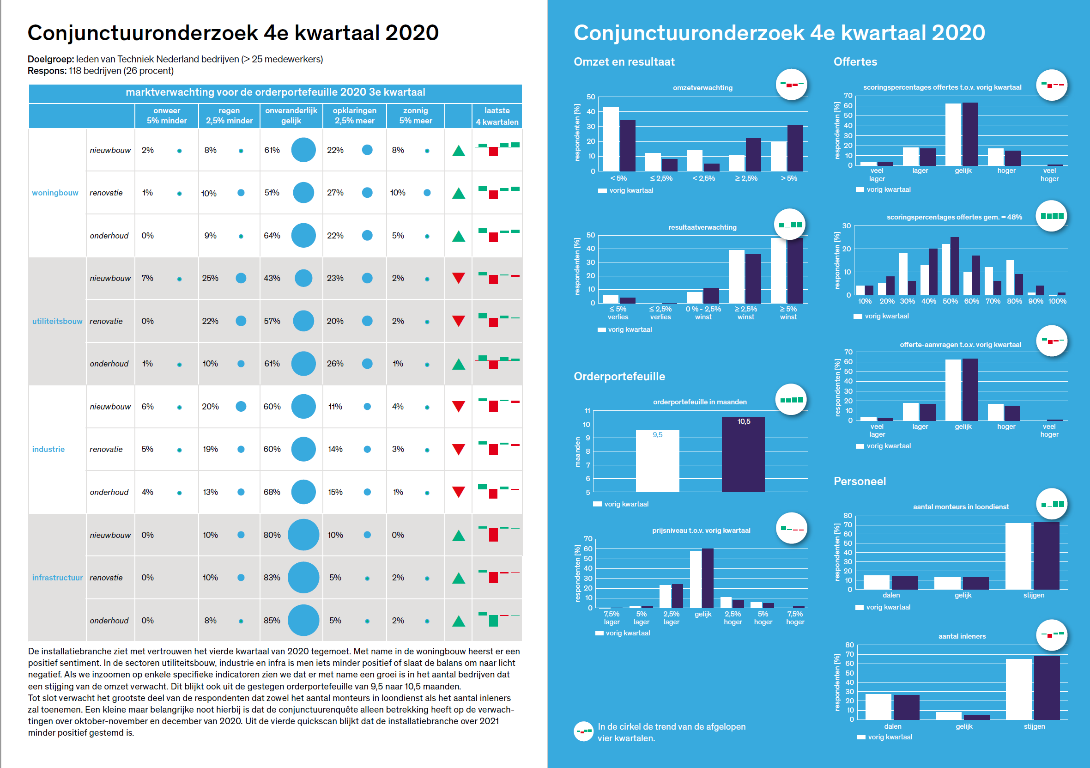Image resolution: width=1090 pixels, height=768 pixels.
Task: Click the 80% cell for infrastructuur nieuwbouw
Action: tap(272, 535)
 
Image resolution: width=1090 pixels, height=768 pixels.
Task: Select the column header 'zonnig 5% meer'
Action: tap(415, 116)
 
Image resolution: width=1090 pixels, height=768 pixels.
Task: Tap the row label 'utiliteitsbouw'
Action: tap(57, 321)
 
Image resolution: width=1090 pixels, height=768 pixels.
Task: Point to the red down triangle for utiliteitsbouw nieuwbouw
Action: tap(459, 278)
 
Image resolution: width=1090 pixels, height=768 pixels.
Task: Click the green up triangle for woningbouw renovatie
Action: tap(459, 193)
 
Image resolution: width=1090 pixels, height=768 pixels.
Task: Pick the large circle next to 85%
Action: tap(303, 620)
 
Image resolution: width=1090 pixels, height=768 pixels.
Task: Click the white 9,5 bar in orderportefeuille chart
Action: tap(658, 461)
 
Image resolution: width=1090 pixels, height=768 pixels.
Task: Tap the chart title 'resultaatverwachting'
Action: tap(702, 227)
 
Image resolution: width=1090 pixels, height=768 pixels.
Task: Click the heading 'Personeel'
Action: tap(859, 481)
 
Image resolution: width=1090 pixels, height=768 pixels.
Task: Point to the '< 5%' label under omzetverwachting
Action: tap(618, 178)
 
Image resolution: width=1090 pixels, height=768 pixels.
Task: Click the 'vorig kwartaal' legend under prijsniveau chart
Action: tap(628, 633)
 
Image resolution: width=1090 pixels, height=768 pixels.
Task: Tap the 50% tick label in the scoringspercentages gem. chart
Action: tap(950, 301)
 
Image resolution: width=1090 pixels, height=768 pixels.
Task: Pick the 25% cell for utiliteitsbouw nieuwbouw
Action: tap(210, 278)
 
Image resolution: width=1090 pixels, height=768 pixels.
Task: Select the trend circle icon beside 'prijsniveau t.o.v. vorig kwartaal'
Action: tap(791, 528)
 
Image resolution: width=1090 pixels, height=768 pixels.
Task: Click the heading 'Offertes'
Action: tap(855, 62)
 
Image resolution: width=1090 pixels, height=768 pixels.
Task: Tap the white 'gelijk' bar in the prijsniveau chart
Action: tap(696, 579)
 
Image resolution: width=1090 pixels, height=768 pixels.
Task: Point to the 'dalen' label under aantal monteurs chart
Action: tap(891, 595)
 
